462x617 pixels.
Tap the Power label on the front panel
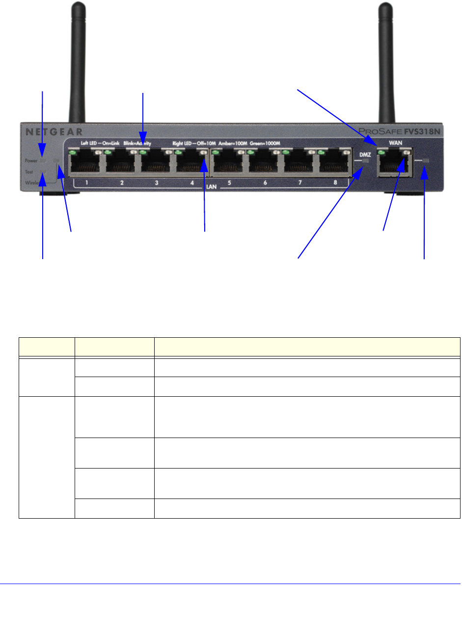coord(30,161)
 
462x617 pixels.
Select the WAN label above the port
coord(396,143)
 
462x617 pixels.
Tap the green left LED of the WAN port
coord(380,153)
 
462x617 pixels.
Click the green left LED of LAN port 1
coord(73,153)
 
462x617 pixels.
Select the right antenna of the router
coord(387,59)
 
